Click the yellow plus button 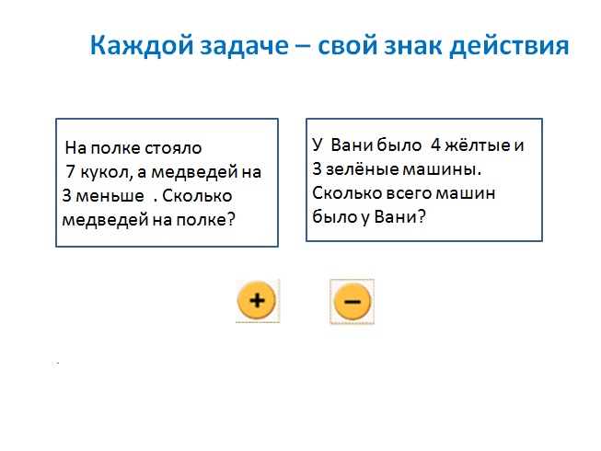(x=257, y=300)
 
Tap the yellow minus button (x=353, y=302)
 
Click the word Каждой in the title (x=142, y=46)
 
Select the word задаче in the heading (x=244, y=46)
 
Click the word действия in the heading (x=509, y=46)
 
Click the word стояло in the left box (x=173, y=148)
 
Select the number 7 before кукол (x=71, y=171)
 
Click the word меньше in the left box (x=110, y=196)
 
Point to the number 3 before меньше (x=66, y=196)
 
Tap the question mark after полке (x=231, y=219)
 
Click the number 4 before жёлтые (x=436, y=145)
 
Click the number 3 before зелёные (x=317, y=169)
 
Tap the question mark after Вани (x=422, y=216)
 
